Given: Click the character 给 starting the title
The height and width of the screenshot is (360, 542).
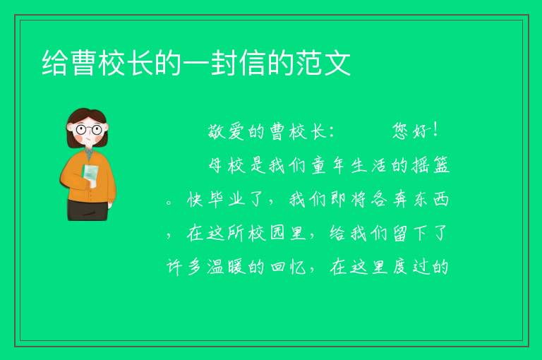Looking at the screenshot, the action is [55, 63].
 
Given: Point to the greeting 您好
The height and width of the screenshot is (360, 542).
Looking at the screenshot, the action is [410, 131].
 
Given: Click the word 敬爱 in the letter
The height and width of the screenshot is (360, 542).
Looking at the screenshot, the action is [226, 131].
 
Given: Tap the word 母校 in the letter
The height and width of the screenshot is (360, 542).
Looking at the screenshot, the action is [227, 165].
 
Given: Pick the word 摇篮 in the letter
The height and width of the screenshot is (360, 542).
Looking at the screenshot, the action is [430, 165].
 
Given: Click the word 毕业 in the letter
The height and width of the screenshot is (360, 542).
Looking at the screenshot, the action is [227, 200].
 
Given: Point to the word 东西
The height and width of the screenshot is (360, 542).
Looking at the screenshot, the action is [431, 200].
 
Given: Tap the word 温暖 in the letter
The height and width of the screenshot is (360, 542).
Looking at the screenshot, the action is [227, 267].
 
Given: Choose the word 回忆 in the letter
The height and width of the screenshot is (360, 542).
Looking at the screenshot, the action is [288, 267].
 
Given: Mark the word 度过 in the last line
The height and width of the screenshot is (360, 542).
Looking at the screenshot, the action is [410, 267].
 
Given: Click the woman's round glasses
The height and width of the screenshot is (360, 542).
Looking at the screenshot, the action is [89, 130].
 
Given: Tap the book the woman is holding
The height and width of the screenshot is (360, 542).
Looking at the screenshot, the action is [91, 174].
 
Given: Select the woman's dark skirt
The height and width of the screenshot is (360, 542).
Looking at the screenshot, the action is [88, 210].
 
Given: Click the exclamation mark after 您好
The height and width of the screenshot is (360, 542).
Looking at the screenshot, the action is [435, 131].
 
